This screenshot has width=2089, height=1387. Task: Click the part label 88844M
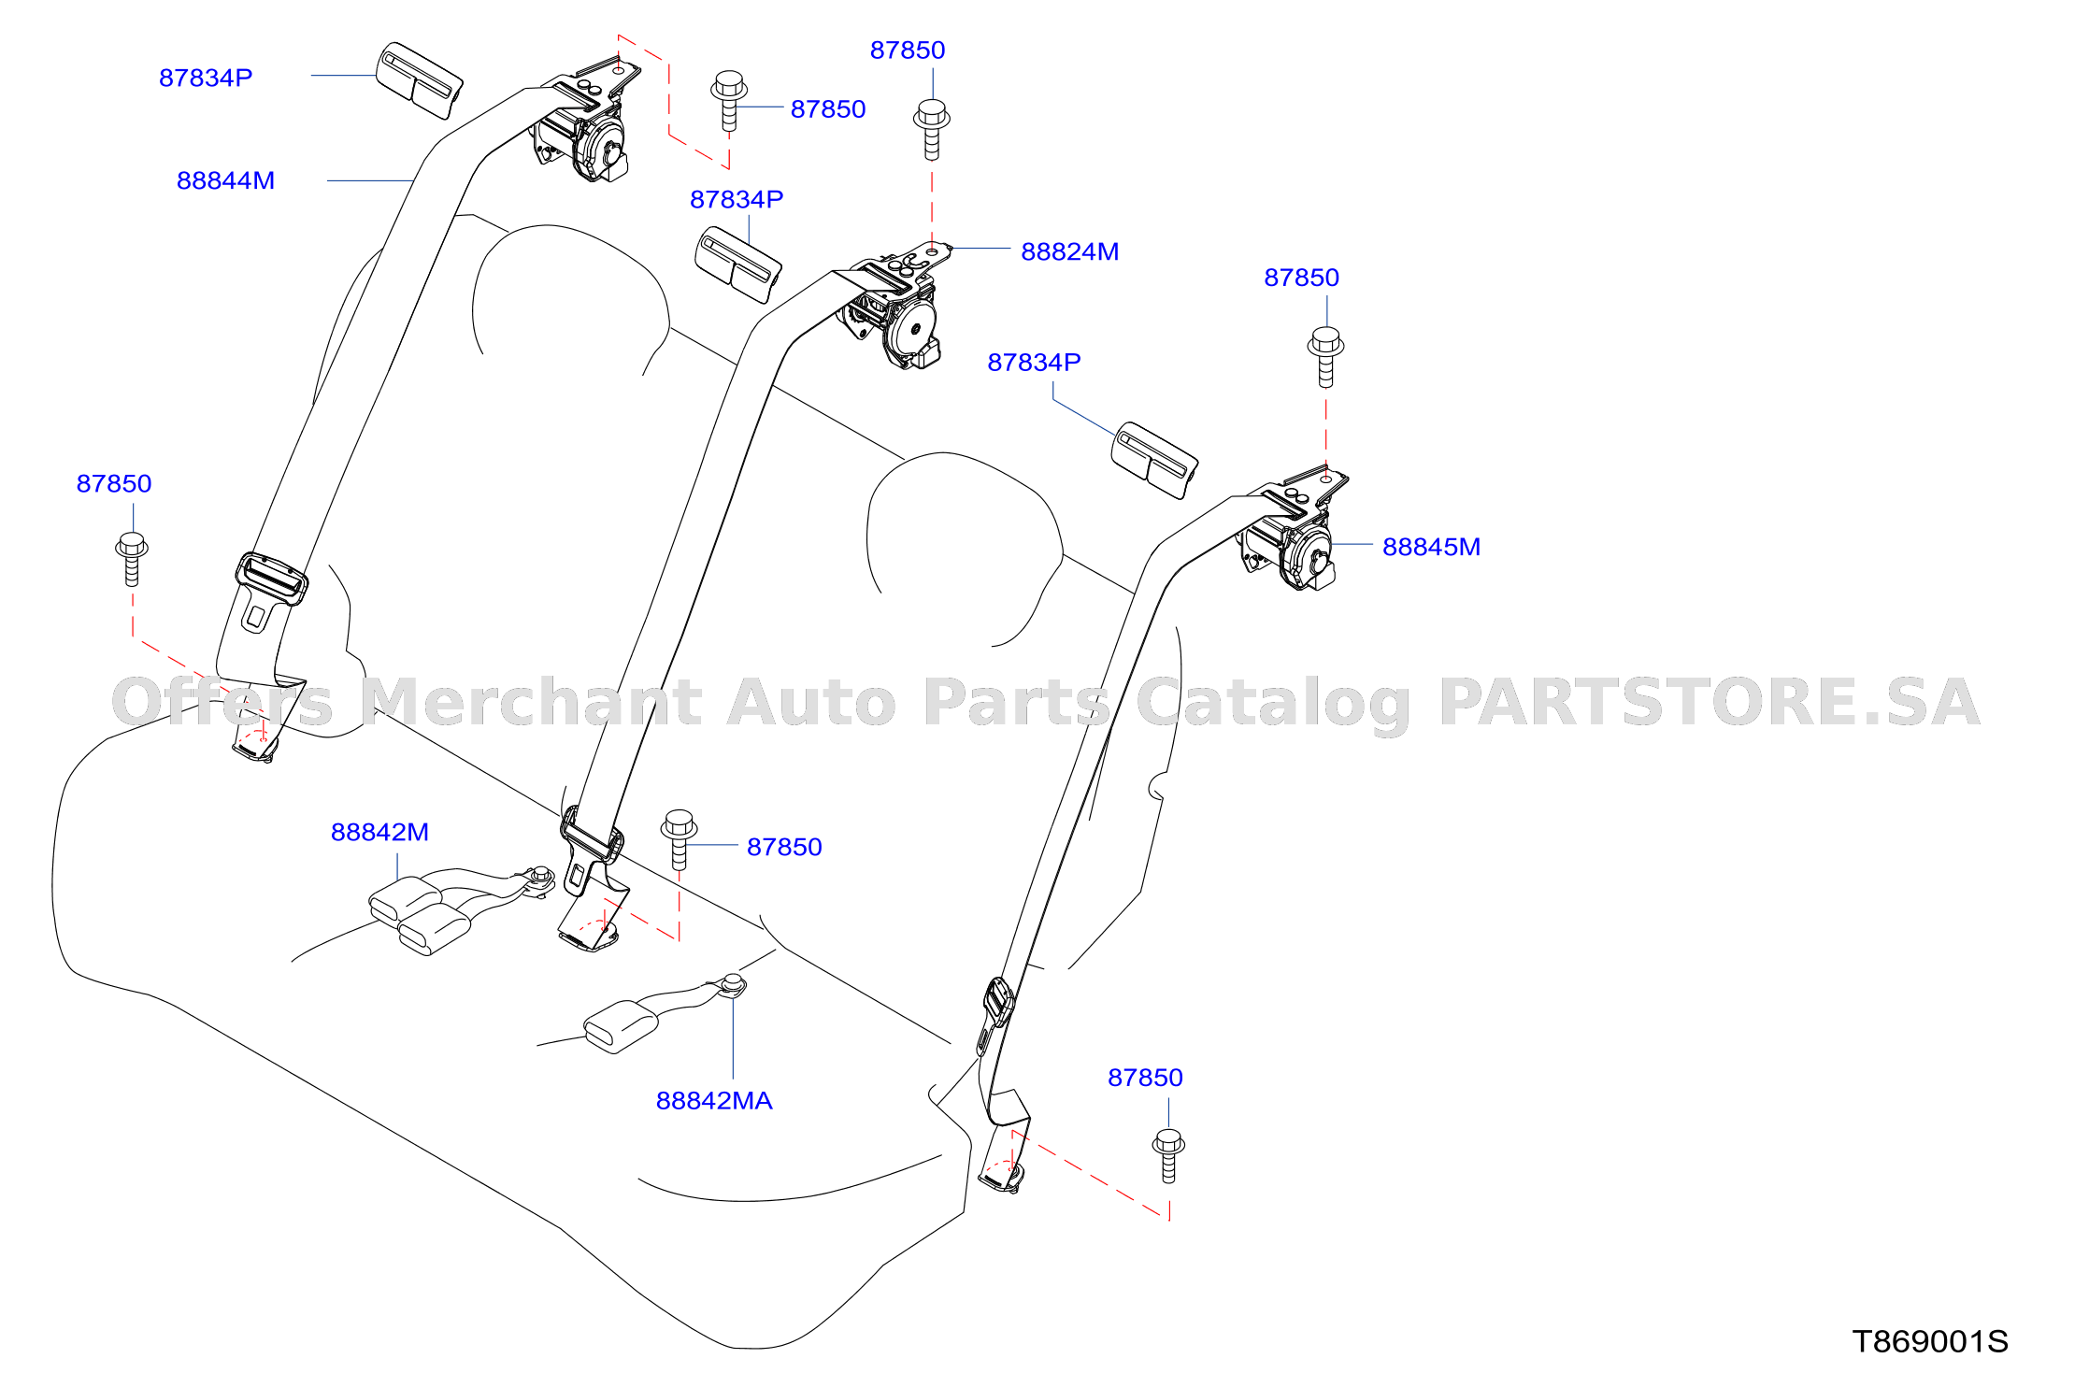[225, 180]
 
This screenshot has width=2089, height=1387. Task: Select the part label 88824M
[1069, 251]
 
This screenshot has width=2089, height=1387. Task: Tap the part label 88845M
[1431, 547]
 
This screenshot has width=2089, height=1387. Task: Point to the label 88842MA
[714, 1100]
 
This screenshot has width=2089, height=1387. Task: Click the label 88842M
[379, 832]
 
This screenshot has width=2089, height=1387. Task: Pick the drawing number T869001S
[1930, 1341]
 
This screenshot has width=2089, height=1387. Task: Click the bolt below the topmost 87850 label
[932, 130]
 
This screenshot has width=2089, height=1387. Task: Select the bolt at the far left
[132, 559]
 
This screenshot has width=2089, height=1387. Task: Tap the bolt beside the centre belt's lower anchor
[680, 838]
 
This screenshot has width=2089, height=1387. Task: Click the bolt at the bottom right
[1168, 1155]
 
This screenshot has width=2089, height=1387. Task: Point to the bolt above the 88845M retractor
[1325, 356]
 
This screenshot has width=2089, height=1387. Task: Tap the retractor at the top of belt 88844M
[589, 122]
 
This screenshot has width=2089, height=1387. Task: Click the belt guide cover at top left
[419, 80]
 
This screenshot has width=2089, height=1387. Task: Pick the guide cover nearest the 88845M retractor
[1154, 460]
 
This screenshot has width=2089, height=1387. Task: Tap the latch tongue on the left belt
[270, 590]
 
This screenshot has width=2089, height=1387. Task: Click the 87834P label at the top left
[206, 78]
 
